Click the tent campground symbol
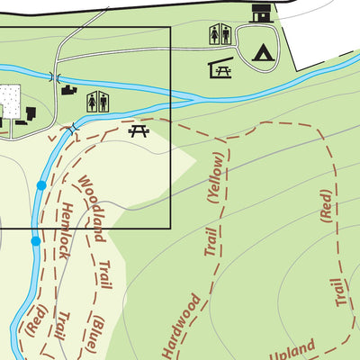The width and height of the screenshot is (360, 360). (263, 54)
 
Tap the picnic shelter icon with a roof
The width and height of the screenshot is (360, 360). (220, 68)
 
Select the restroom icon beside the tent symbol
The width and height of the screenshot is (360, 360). (220, 34)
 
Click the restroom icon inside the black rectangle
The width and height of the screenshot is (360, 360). (97, 103)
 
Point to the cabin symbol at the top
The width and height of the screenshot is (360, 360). (260, 13)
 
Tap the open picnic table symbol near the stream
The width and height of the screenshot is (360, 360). (139, 131)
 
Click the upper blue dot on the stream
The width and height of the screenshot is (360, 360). (40, 185)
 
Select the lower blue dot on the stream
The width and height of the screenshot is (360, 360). (35, 241)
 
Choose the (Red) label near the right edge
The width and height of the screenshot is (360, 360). (326, 204)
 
